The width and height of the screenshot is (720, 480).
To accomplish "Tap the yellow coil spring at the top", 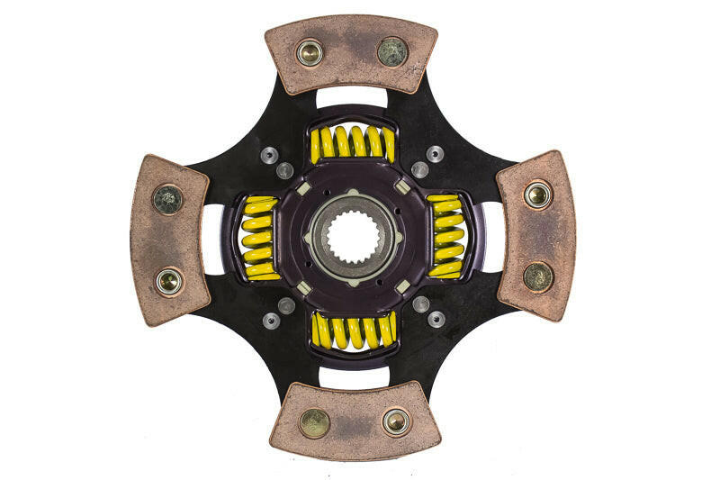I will point(352,143).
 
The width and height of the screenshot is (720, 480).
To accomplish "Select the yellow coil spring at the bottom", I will point(353,331).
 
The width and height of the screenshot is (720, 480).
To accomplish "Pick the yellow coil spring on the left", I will point(260,237).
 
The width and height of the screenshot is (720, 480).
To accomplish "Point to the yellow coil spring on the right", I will point(446,236).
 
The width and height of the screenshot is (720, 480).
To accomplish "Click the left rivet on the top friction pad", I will point(310,53).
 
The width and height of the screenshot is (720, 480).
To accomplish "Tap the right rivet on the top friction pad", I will point(391,51).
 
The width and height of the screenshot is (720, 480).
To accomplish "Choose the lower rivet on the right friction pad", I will point(538,276).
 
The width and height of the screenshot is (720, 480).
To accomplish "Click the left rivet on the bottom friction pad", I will point(314,422).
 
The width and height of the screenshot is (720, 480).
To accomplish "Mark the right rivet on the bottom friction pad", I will point(395,421).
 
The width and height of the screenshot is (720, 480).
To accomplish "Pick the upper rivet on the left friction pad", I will point(168,199).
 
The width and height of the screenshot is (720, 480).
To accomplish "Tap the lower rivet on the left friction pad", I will point(168,281).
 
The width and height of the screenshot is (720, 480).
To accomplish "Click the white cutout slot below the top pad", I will point(352,97).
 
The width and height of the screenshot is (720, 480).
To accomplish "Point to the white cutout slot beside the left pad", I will point(213,238).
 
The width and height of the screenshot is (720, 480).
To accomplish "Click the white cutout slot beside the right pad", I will point(493,237).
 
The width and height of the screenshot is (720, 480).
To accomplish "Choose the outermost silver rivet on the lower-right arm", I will point(436,319).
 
